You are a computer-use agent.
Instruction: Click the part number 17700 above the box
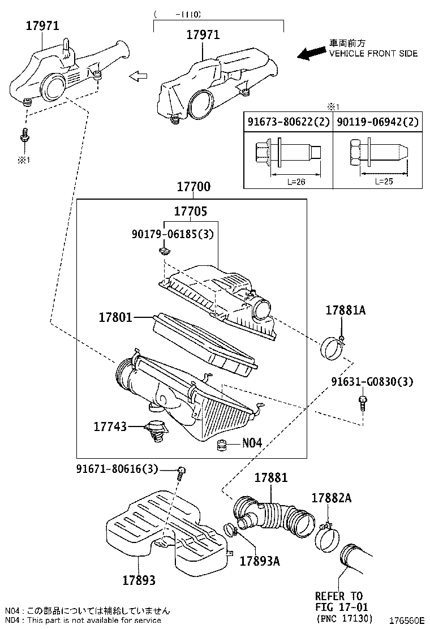pyautogui.click(x=193, y=187)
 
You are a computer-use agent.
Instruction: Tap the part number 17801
pyautogui.click(x=113, y=318)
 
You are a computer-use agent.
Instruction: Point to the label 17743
pyautogui.click(x=111, y=426)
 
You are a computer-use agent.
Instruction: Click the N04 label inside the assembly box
pyautogui.click(x=252, y=443)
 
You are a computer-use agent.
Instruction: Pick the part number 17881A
pyautogui.click(x=345, y=310)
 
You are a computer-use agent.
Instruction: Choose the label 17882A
pyautogui.click(x=332, y=498)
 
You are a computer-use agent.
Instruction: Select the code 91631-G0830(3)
pyautogui.click(x=372, y=382)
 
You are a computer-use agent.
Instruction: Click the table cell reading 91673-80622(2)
pyautogui.click(x=287, y=122)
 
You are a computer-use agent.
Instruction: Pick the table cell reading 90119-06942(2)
pyautogui.click(x=377, y=122)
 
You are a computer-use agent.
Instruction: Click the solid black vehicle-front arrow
pyautogui.click(x=311, y=53)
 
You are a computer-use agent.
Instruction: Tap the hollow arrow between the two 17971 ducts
pyautogui.click(x=139, y=76)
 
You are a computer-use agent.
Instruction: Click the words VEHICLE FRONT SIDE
pyautogui.click(x=373, y=53)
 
